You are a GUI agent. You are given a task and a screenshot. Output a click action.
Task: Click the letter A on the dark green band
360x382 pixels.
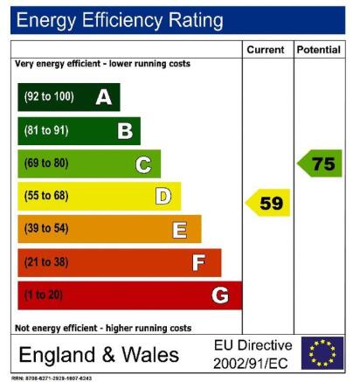[x=104, y=97]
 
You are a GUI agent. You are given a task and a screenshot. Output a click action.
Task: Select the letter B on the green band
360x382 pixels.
[x=125, y=131]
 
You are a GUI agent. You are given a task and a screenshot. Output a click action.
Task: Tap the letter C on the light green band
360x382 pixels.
[x=143, y=164]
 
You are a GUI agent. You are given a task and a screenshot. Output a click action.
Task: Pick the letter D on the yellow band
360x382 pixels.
[x=163, y=196]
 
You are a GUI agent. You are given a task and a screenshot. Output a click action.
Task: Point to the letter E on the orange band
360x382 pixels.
[x=179, y=230]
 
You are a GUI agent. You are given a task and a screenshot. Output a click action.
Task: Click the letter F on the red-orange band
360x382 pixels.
[x=198, y=262]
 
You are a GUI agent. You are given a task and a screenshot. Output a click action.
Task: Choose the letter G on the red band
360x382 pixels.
[x=220, y=295]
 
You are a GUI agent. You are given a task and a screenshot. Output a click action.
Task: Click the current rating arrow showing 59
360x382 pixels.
[x=267, y=203]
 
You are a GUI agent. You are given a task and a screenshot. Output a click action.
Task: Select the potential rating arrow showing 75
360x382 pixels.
[x=320, y=163]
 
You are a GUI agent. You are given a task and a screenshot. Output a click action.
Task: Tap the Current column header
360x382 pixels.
[x=266, y=50]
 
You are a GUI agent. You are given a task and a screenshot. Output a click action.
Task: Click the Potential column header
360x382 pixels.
[x=319, y=50]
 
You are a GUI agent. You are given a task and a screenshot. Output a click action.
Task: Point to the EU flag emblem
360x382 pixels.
[x=322, y=353]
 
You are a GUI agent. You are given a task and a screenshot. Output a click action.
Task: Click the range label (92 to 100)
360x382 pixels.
[x=49, y=96]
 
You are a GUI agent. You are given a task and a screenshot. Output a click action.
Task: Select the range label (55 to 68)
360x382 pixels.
[x=46, y=195]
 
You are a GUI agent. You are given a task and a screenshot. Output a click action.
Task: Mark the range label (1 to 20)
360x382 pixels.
[x=44, y=295]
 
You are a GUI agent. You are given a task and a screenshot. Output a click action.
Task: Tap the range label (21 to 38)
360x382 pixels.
[x=46, y=261]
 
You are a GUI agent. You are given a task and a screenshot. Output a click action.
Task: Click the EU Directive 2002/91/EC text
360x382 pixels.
[x=253, y=354]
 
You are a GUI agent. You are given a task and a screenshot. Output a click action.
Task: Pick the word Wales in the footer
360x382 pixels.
[x=150, y=355]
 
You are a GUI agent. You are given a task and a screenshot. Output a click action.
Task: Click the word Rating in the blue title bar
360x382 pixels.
[x=196, y=20]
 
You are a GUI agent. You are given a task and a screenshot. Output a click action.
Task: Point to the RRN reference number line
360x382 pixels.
[x=52, y=379]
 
